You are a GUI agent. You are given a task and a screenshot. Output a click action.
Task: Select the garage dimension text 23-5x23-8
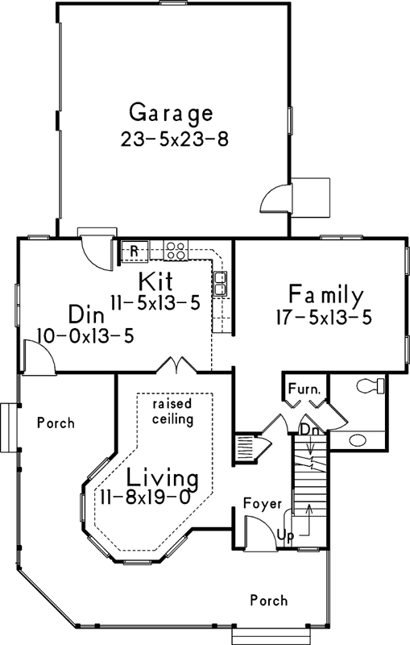point(175,138)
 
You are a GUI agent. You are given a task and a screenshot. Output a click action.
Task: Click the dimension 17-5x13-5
point(321,318)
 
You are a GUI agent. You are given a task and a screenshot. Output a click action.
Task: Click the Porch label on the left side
point(55,422)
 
